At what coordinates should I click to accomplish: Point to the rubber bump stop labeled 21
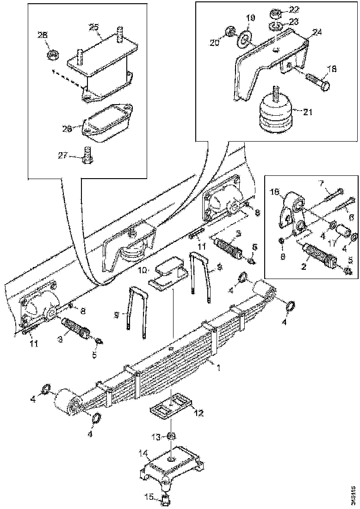(x=274, y=115)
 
